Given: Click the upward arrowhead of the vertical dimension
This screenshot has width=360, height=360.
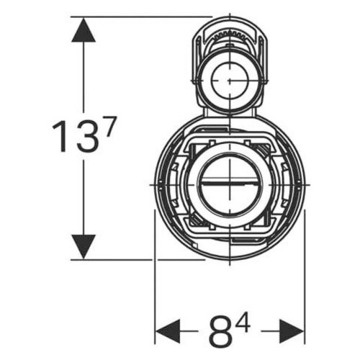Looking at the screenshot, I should click(84, 30).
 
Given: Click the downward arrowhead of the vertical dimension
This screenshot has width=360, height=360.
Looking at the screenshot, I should click(84, 246).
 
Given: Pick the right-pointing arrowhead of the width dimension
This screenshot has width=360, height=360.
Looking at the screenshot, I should click(293, 332).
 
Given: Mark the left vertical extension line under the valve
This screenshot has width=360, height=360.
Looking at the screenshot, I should click(156, 288).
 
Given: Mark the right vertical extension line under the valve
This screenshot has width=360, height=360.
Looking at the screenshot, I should click(305, 288).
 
